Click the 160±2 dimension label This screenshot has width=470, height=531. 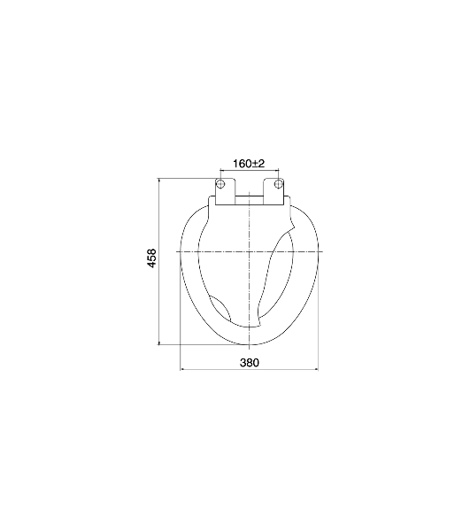pos(249,164)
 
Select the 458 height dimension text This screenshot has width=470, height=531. pos(152,258)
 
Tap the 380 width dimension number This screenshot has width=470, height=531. pos(250,363)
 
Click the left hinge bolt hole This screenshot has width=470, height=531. pos(220,184)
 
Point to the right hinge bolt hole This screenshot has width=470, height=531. pos(278,184)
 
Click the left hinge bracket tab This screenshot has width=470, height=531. pos(225,192)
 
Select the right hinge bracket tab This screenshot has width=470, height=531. pos(274,192)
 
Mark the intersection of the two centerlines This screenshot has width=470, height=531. pos(250,251)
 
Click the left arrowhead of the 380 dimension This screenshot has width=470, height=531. pos(182,369)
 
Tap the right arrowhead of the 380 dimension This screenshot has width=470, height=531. pos(316,369)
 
